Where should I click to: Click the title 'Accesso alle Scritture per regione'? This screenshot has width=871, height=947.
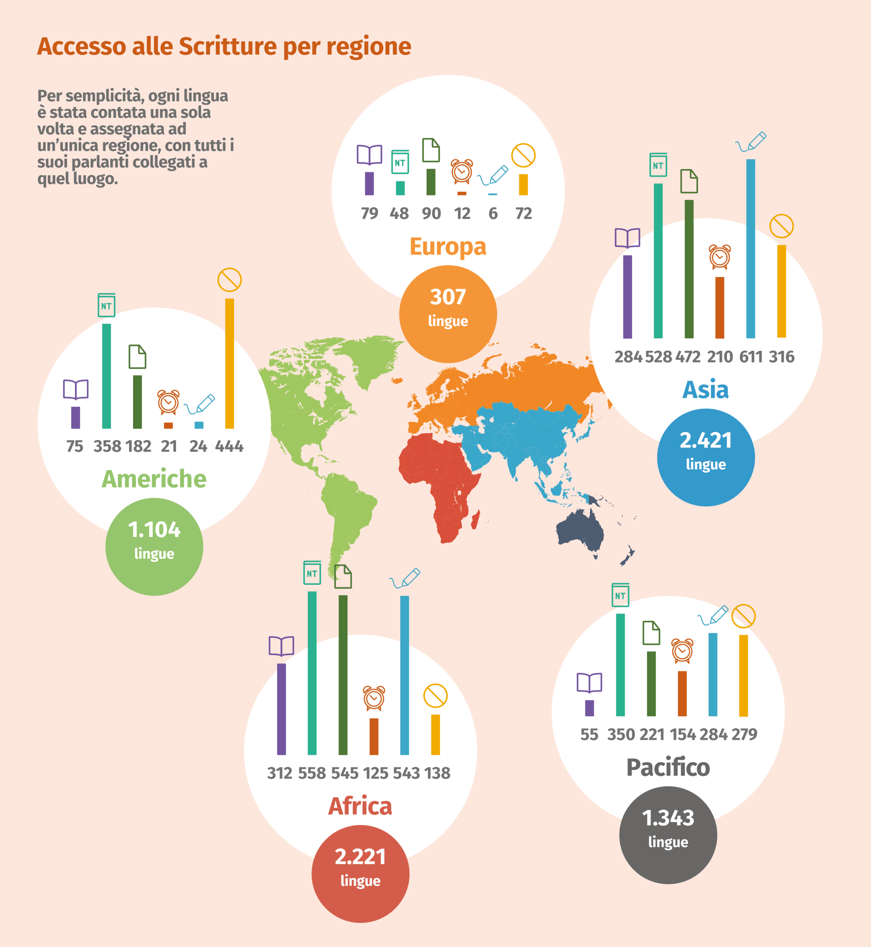pos(224,46)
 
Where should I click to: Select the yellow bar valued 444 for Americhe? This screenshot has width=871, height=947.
pos(229,363)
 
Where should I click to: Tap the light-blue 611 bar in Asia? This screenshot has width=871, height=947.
pos(750,248)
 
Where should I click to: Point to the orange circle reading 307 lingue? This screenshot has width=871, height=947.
pos(448,314)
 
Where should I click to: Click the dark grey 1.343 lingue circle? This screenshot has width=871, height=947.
pos(668,835)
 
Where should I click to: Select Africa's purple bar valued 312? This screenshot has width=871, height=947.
pos(281,709)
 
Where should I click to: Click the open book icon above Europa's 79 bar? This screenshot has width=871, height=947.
pos(370,155)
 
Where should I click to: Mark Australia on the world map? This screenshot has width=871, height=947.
pos(580,530)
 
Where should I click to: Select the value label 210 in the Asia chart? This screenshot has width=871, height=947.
pos(720,357)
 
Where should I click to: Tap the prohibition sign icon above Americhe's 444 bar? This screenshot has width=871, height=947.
pos(229,280)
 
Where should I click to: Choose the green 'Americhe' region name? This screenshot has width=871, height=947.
pos(154,479)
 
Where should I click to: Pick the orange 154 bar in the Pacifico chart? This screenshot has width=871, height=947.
pos(682,694)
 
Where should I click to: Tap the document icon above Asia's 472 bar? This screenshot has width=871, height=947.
pos(689,181)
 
